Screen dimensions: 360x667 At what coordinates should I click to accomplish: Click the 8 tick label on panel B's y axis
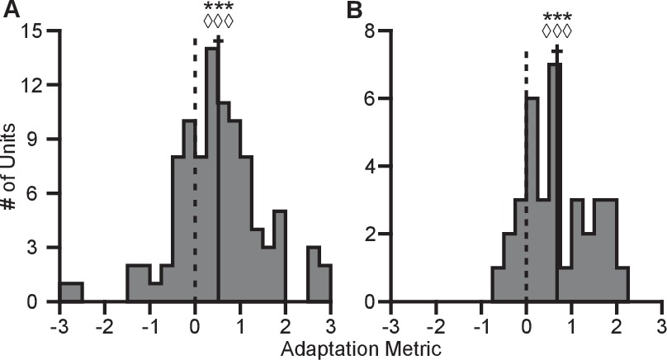coord(372,31)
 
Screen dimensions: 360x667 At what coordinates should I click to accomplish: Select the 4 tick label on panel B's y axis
coord(372,166)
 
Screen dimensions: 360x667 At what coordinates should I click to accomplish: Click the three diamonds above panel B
coord(556,32)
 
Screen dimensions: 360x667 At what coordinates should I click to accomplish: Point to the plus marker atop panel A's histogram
coord(218,40)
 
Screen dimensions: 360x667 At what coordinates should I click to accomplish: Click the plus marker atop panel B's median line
coord(556,52)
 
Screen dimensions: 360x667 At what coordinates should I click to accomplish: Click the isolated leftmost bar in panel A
coord(71,292)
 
